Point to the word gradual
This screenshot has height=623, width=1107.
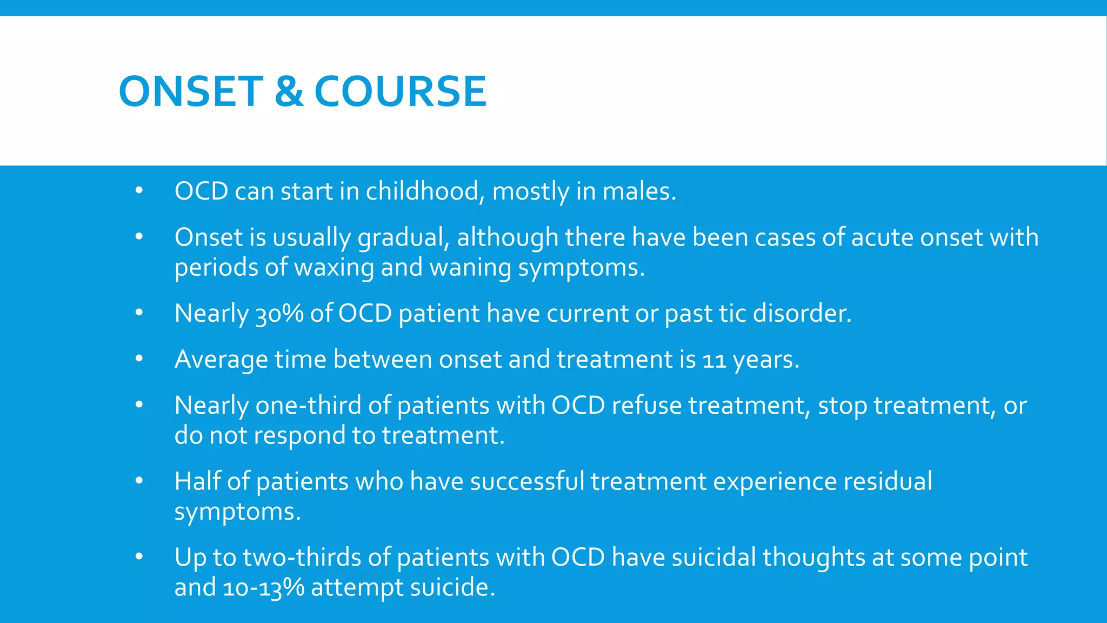point(403,238)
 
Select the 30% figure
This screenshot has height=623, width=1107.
point(279,314)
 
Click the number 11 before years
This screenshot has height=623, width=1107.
point(714,360)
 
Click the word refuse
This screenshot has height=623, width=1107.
point(646,406)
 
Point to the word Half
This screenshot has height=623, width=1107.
point(197,481)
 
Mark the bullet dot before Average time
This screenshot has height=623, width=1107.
point(139,359)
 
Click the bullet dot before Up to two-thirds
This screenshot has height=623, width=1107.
point(139,557)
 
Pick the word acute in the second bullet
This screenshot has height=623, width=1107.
point(882,238)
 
